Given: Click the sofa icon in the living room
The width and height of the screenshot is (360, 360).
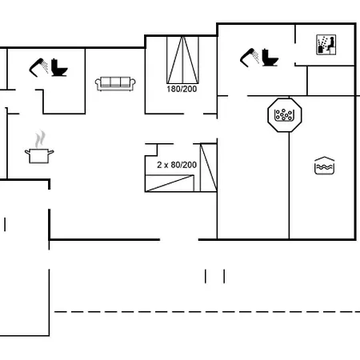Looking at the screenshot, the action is pos(115,84).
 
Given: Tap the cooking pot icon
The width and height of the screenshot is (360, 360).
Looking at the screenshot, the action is pos(39,156).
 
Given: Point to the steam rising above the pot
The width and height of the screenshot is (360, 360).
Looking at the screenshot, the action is pos(40,138).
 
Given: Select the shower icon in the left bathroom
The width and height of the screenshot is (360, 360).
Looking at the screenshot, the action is pos(38,67).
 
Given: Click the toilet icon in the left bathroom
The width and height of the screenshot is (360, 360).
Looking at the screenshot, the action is pos(59,68).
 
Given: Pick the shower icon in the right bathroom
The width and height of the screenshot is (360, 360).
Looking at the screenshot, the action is pos(250,58).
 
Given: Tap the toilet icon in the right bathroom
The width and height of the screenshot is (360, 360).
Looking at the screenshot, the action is pos(270,58).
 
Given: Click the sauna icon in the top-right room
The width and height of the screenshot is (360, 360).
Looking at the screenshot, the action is pos(326,45).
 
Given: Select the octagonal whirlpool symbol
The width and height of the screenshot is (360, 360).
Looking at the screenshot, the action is pos(285,115).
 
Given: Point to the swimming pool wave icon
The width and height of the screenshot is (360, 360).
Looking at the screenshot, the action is pos(324,166).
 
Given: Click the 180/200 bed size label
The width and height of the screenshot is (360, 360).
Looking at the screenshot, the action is pos(182,89).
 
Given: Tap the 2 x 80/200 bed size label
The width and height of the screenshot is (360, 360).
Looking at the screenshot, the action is pos(177,165).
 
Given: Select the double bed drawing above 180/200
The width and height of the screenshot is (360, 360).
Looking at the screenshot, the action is pos(182,60).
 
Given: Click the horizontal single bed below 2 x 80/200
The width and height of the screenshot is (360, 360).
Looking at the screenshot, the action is pos(170,183).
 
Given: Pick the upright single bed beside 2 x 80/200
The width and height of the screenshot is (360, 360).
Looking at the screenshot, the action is pos(208,167).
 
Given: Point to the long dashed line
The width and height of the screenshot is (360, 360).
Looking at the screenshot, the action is pos(207,311).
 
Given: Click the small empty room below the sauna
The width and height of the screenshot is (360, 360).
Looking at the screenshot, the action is pos(331,81).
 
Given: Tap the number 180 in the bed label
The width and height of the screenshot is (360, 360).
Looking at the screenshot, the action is pos(173,89).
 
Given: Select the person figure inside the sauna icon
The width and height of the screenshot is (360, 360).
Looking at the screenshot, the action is pos(331,45).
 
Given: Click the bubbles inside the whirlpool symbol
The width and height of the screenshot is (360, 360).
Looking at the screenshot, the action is pos(283,114).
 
